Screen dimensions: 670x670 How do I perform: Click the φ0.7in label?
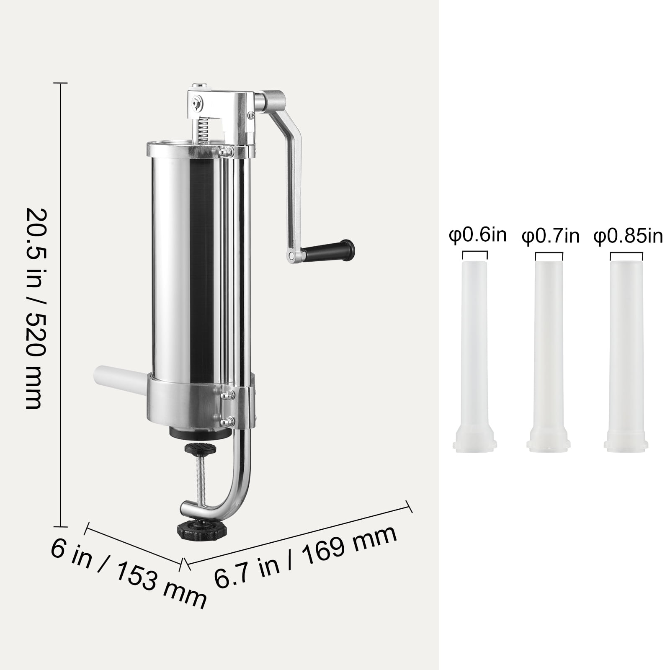pyautogui.click(x=550, y=237)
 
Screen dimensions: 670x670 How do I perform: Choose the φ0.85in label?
pyautogui.click(x=628, y=237)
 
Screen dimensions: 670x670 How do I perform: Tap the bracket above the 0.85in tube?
pyautogui.click(x=626, y=255)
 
